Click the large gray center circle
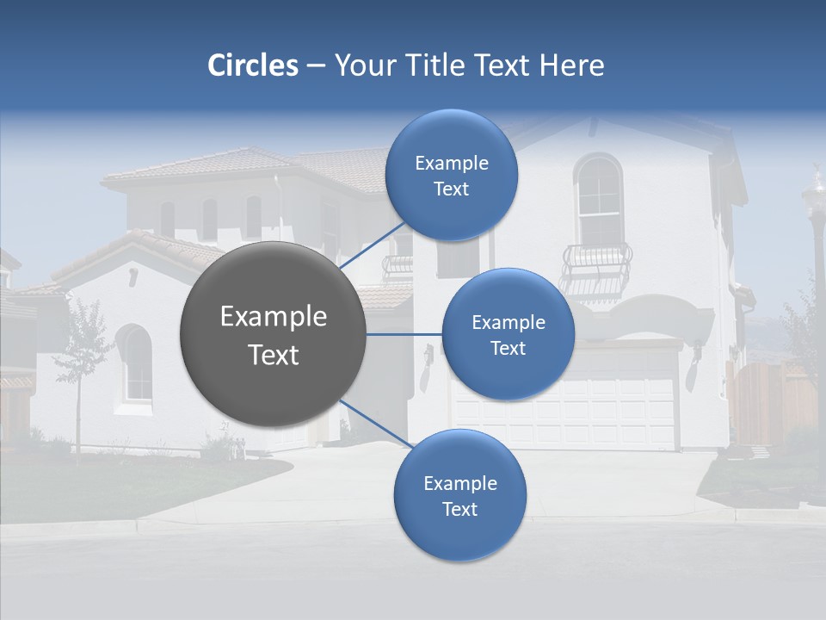[x=273, y=335]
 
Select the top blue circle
[x=451, y=176]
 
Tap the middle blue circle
[x=508, y=334]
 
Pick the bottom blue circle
[x=459, y=495]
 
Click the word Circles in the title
[x=253, y=65]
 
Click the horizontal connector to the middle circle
[x=404, y=334]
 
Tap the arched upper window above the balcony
[x=599, y=200]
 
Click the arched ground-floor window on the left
[x=135, y=363]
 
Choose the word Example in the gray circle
[x=273, y=317]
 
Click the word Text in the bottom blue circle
[x=459, y=509]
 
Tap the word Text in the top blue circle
[x=451, y=189]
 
